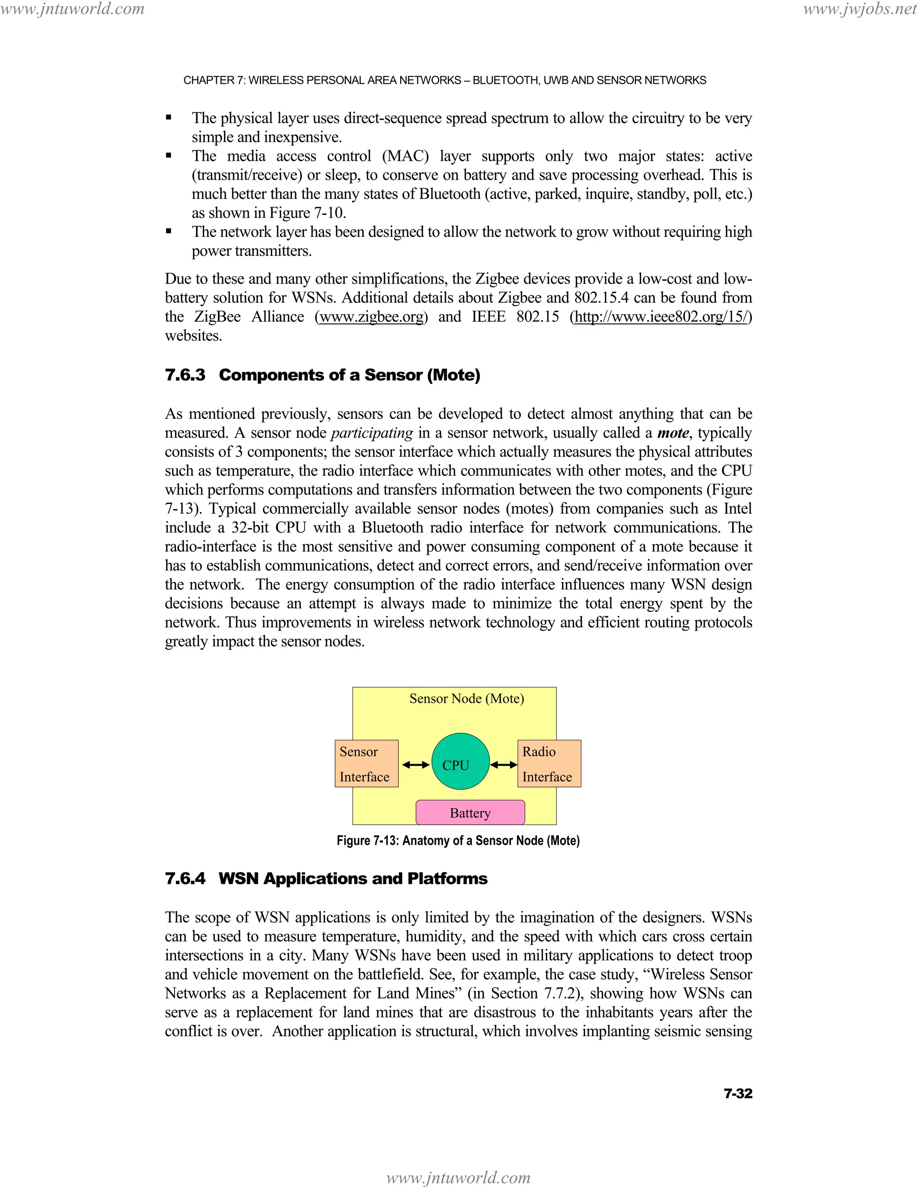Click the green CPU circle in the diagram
[460, 761]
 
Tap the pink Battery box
[470, 813]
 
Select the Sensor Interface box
[366, 764]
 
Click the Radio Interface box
[548, 764]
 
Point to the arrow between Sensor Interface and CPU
[416, 765]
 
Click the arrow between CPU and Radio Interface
[504, 765]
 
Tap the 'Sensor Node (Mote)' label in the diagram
[467, 698]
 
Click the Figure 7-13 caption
[458, 841]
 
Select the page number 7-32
[738, 1093]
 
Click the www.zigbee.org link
[372, 317]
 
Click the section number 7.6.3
[185, 375]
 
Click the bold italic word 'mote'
[673, 433]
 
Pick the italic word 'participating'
[372, 433]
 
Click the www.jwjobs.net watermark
[859, 9]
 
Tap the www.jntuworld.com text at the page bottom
[458, 1177]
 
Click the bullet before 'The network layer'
[169, 231]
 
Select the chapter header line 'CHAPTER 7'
[444, 81]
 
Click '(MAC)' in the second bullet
[405, 156]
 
